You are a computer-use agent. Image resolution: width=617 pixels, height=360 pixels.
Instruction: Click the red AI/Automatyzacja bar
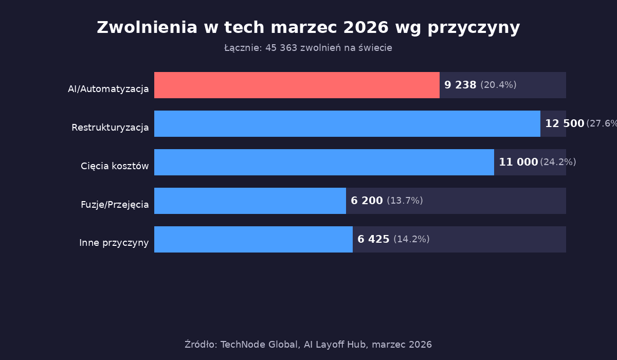click(x=297, y=85)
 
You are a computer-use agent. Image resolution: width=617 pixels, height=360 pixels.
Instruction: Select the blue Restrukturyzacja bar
click(x=347, y=123)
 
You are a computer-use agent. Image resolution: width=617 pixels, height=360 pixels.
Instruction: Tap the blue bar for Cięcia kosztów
click(x=324, y=162)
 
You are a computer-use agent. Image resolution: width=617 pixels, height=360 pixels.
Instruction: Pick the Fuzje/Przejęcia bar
click(x=250, y=201)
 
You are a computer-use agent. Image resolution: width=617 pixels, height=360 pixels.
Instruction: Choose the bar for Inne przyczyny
click(x=253, y=239)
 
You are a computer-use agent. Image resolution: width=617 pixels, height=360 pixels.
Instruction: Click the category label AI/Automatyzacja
click(x=108, y=89)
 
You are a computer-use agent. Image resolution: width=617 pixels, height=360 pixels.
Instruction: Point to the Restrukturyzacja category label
click(x=110, y=128)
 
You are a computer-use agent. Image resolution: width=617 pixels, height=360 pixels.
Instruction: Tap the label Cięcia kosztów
click(x=115, y=166)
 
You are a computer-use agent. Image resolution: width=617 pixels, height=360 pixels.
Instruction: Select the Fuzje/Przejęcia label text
click(x=115, y=205)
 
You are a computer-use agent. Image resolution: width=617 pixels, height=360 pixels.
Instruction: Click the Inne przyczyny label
click(x=114, y=243)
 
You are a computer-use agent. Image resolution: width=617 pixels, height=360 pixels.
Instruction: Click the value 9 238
click(x=460, y=85)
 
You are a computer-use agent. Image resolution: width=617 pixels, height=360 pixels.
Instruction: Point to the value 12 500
click(x=565, y=123)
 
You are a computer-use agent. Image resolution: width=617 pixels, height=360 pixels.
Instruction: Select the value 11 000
click(x=518, y=162)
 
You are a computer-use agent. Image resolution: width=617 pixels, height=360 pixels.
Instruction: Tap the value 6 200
click(x=367, y=201)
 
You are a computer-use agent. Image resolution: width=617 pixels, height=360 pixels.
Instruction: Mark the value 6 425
click(x=373, y=239)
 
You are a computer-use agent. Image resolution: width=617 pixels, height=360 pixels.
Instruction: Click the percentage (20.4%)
click(x=498, y=85)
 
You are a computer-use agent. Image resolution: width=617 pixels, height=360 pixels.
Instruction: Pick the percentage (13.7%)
click(x=405, y=201)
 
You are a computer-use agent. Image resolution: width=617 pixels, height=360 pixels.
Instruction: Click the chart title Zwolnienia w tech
click(x=308, y=28)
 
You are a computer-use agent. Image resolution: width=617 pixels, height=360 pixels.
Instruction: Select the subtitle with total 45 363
click(x=308, y=48)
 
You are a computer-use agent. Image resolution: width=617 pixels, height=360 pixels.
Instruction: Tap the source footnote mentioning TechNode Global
click(x=308, y=345)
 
